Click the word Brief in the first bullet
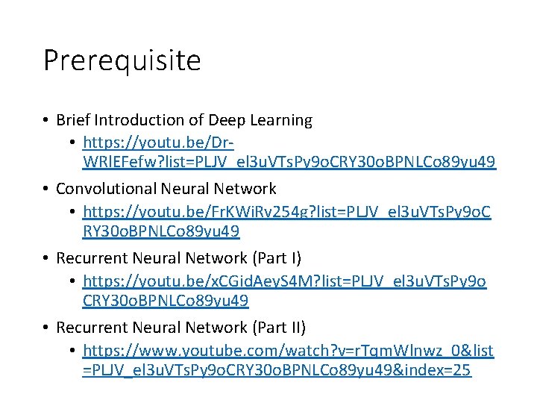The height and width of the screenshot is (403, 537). coord(72,120)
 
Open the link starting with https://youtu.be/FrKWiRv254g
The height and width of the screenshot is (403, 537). coord(284,211)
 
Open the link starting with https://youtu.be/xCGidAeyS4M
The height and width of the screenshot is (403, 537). coord(284,281)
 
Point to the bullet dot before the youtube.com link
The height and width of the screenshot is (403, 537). coord(73,351)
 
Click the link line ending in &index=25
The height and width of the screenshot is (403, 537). coord(276,370)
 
